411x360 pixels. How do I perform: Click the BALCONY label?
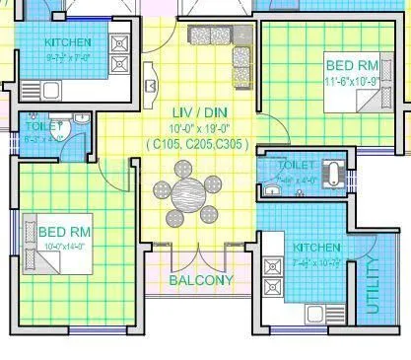click(x=201, y=280)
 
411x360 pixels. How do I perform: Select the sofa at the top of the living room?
click(x=212, y=36)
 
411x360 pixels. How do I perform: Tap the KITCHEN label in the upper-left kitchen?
click(x=69, y=42)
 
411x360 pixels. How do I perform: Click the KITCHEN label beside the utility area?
click(x=315, y=247)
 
